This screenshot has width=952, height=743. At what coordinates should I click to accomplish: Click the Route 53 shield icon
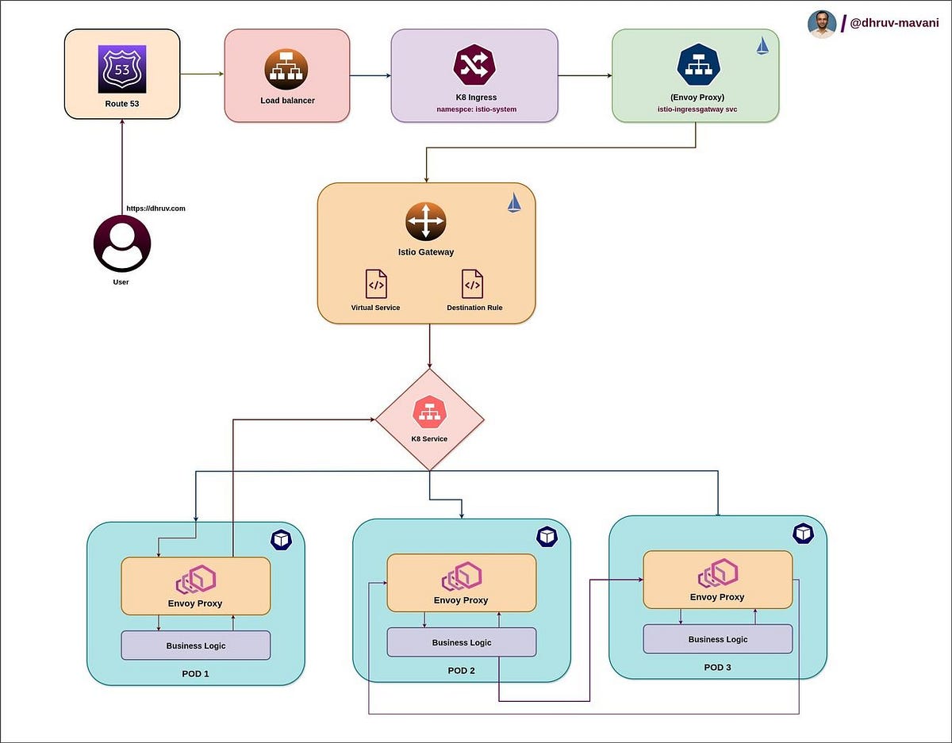(122, 69)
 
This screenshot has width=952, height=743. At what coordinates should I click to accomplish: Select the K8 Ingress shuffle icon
(475, 67)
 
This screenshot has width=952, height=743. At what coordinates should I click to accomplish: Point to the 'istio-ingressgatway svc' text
(697, 109)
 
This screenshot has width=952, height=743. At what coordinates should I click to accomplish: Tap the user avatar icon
(122, 243)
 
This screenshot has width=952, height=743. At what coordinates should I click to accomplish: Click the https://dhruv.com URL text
(155, 209)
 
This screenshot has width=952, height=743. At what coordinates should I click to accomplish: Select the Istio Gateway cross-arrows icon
(426, 221)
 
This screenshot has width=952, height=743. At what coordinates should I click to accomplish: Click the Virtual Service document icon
(376, 284)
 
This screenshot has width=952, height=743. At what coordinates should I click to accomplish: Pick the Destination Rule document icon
(472, 284)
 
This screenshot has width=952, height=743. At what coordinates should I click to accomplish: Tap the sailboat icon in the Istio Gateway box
(515, 203)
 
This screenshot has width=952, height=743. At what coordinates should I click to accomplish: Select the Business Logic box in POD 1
(195, 645)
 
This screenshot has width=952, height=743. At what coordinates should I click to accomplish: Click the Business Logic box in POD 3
(717, 639)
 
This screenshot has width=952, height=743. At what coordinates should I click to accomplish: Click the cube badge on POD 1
(281, 540)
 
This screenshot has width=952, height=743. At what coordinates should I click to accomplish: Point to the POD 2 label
(461, 671)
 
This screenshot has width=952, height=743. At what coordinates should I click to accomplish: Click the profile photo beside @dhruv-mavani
(822, 24)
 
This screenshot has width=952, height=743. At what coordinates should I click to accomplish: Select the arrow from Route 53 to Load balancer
(202, 75)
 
